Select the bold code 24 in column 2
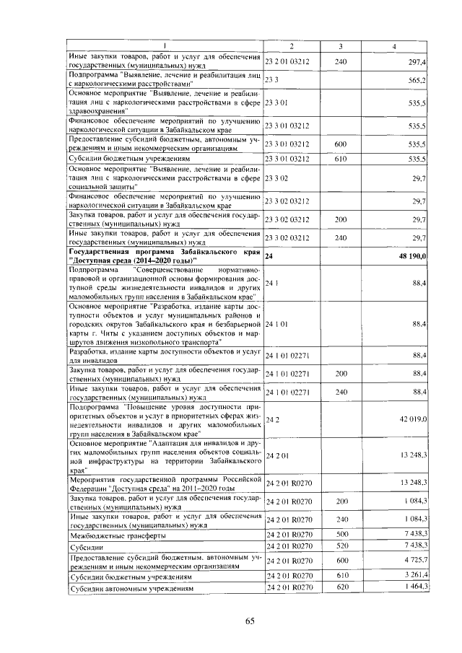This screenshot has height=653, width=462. tap(269, 256)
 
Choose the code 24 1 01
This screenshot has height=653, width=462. tap(277, 325)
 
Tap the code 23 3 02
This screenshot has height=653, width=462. tap(277, 178)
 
